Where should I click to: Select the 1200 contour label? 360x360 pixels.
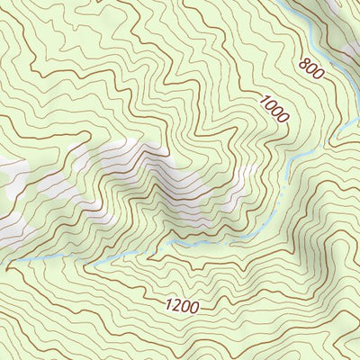(182, 307)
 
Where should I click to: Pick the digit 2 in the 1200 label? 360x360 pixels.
(176, 306)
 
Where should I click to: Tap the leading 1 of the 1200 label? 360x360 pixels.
(169, 305)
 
